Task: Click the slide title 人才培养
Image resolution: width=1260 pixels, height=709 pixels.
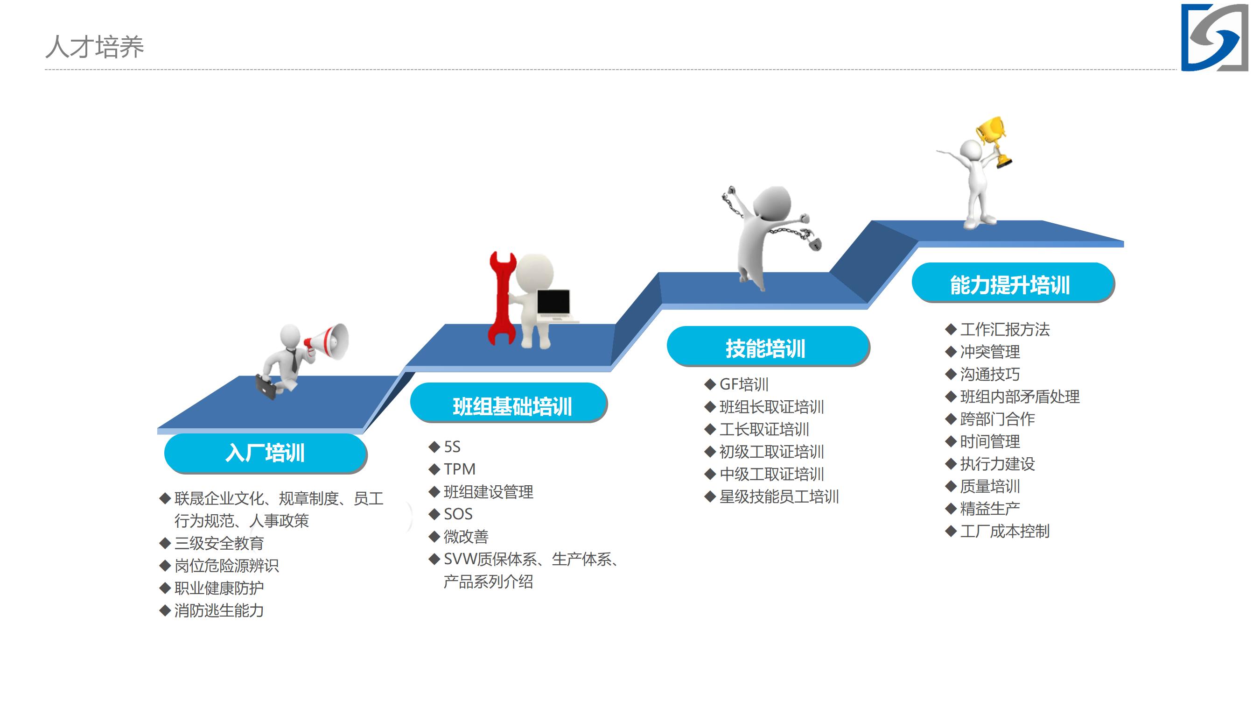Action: point(94,47)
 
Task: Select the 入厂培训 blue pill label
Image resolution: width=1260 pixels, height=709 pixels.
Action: point(266,453)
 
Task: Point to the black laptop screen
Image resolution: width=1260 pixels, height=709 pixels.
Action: point(553,302)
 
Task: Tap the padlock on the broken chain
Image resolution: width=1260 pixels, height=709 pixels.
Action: point(814,243)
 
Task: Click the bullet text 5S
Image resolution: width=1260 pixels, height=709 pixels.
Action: point(452,447)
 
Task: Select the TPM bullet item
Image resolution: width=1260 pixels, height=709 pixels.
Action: point(459,469)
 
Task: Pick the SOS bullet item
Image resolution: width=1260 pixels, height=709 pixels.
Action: point(458,514)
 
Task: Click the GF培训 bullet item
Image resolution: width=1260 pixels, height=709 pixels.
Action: point(744,384)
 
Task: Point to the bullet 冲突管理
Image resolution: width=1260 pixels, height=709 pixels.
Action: point(990,352)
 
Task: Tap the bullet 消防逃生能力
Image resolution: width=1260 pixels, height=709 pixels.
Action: point(219,610)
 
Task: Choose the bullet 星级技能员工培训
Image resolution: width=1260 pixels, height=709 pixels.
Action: point(779,497)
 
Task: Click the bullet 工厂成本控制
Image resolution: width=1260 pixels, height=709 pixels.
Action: point(1005,531)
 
